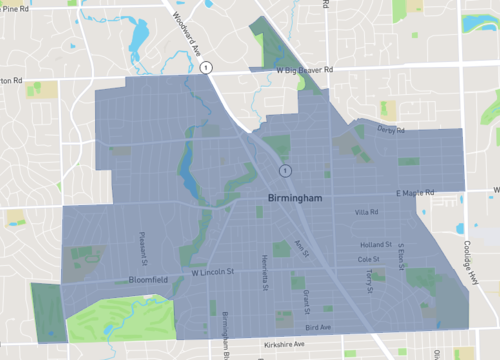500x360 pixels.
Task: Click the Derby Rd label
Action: click(392, 131)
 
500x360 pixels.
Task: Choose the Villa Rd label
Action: click(366, 212)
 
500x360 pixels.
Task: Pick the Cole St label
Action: click(369, 258)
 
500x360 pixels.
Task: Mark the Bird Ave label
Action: click(318, 327)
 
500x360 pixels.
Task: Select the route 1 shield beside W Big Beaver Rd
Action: click(205, 67)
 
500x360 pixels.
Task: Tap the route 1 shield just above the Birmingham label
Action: click(284, 171)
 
